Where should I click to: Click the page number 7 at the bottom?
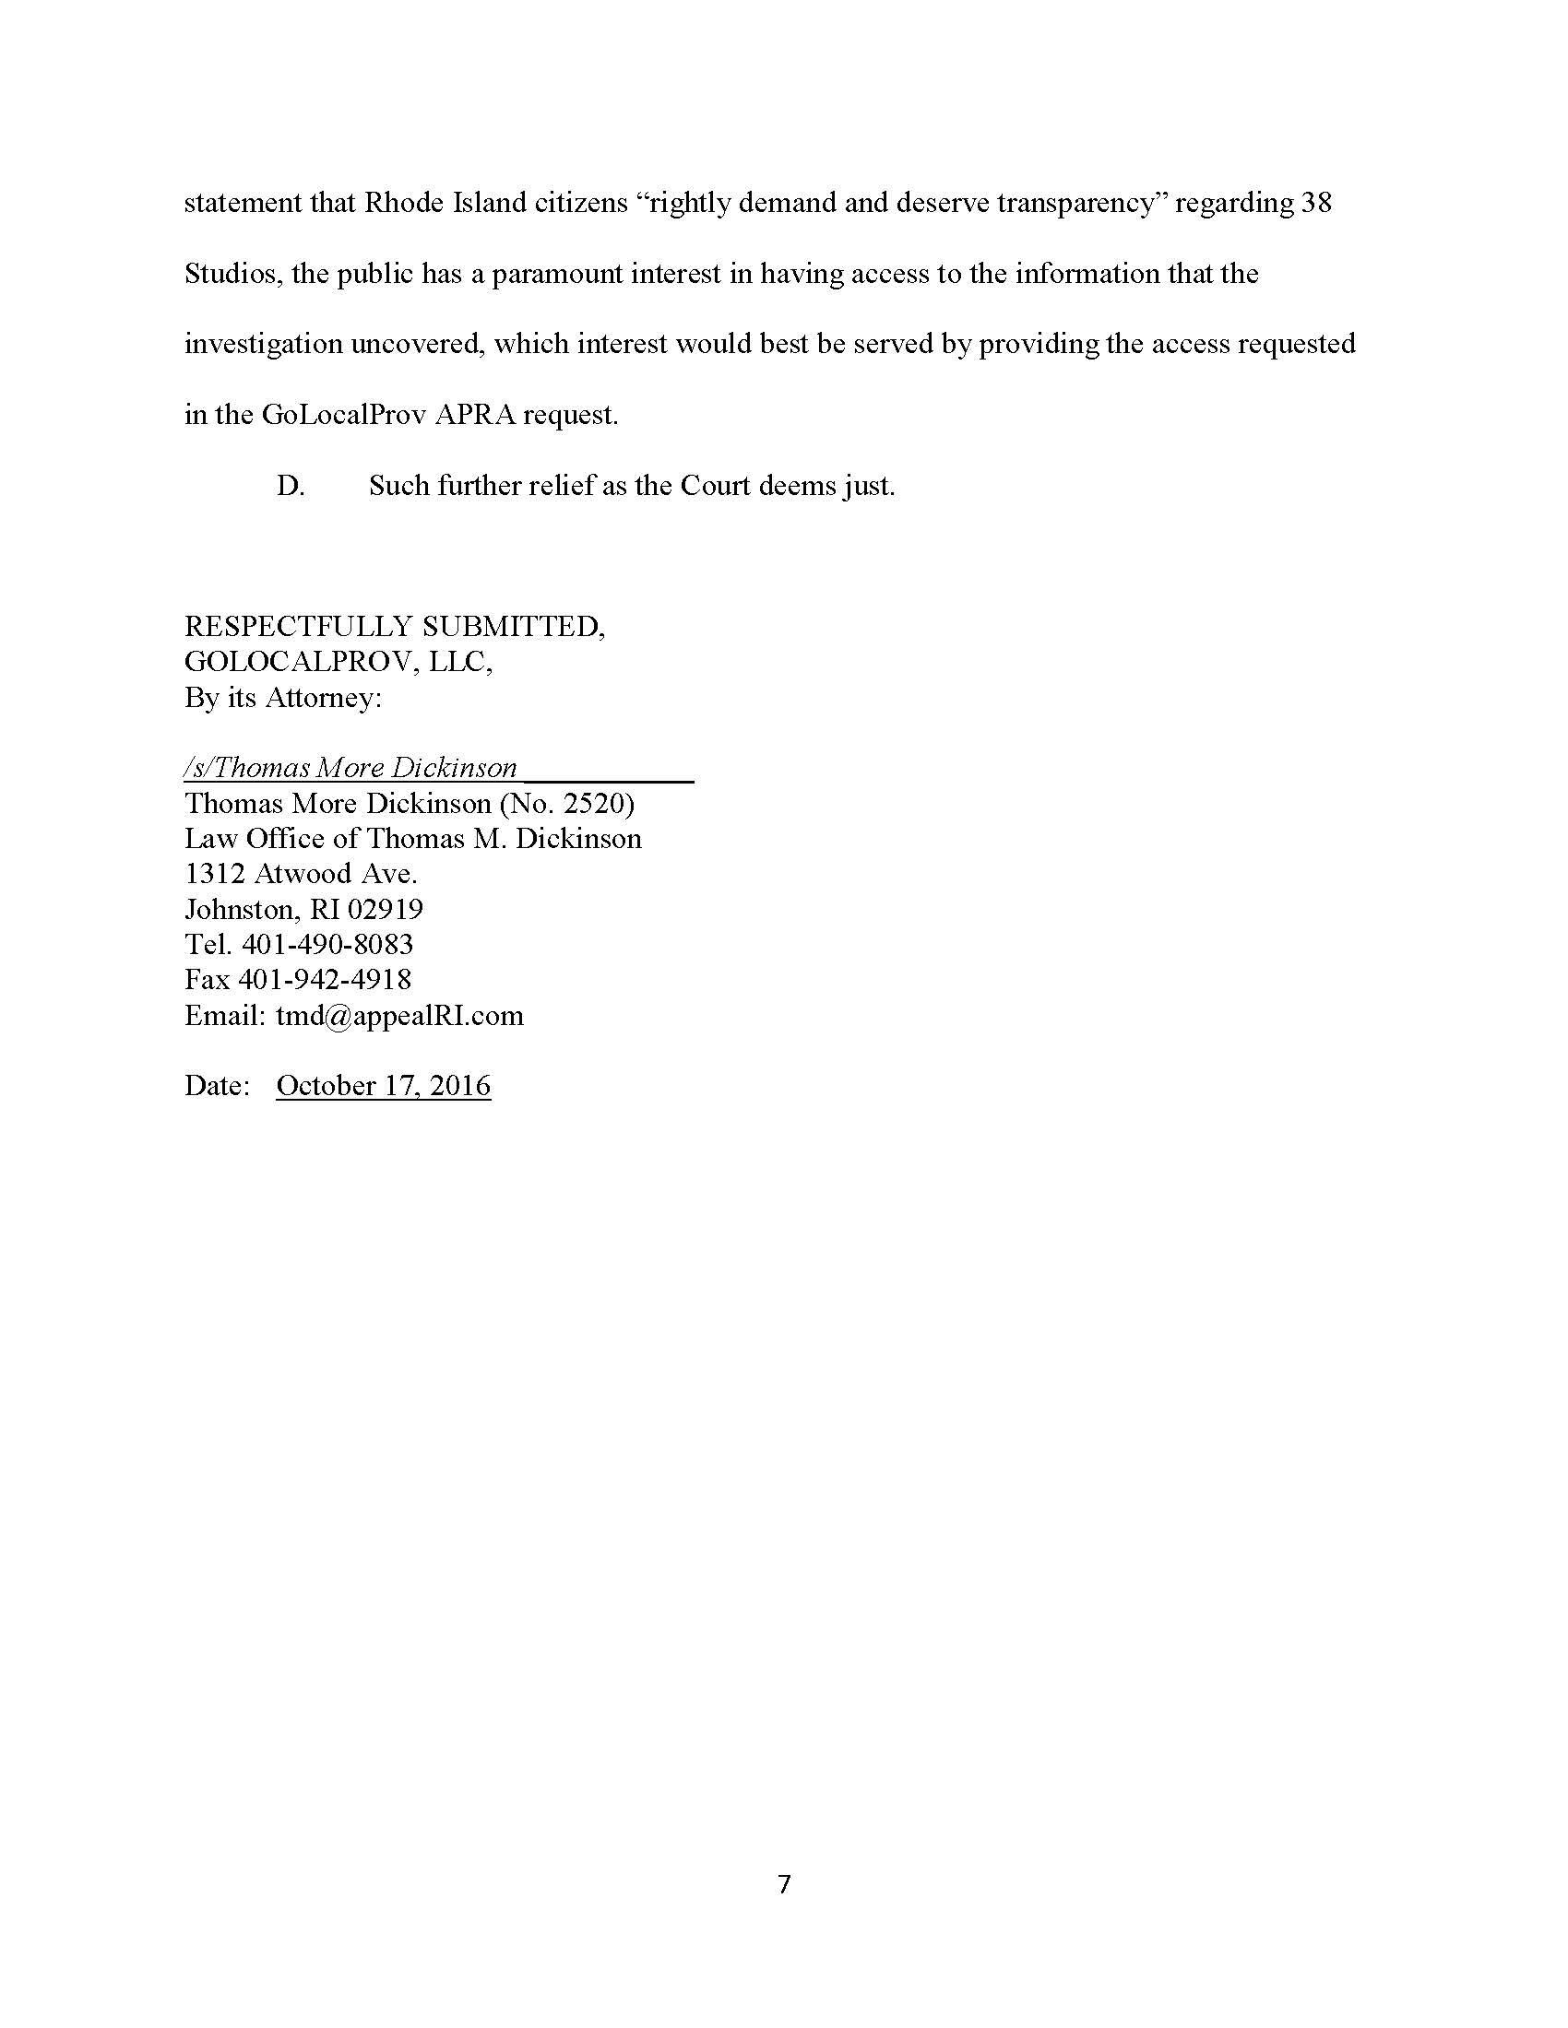[784, 1884]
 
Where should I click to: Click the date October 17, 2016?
[383, 1086]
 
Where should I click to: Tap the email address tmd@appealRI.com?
[399, 1015]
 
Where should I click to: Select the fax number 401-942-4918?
[325, 979]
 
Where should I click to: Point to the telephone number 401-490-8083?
[327, 944]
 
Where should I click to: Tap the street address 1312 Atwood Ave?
[301, 874]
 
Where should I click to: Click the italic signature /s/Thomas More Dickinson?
[351, 768]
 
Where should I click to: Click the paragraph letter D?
[290, 486]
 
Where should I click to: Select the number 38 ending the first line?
[1315, 204]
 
